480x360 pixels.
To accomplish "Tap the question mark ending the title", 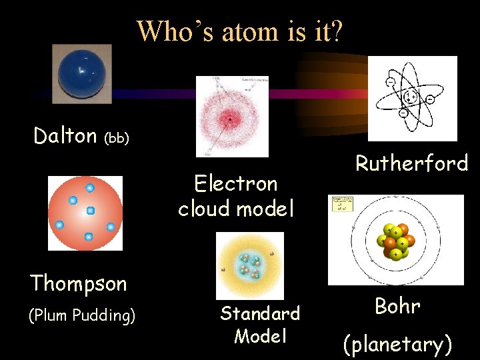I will (335, 31).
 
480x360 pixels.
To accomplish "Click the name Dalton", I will (65, 136).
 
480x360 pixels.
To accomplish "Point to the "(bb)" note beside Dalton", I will (117, 138).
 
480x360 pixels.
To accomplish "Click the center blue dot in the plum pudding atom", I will (91, 211).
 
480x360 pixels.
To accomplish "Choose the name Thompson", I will (78, 283).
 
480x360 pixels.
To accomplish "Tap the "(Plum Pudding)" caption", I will (82, 315).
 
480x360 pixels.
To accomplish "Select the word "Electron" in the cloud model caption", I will (235, 183).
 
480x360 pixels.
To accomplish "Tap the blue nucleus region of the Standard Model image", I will (250, 265).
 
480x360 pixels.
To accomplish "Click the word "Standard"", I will (260, 313).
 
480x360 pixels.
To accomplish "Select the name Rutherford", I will (411, 163).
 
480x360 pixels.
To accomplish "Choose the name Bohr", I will (397, 307).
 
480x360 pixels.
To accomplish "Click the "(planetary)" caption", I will (397, 345).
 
